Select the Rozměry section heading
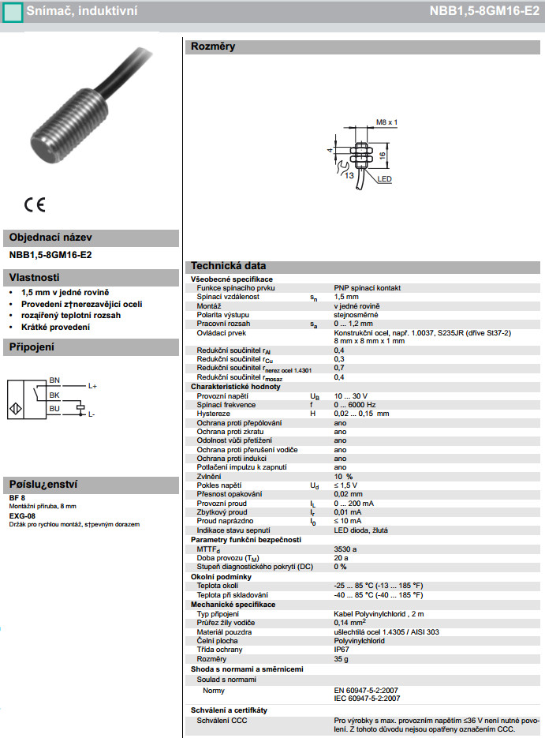point(213,47)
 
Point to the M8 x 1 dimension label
point(386,123)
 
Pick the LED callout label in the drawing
point(384,180)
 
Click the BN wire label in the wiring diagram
point(54,380)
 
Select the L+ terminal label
point(92,386)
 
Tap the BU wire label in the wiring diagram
point(54,408)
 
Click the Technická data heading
point(228,266)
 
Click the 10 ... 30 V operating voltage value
point(351,395)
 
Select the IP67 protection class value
point(342,649)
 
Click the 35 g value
point(341,658)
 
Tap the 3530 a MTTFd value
point(345,549)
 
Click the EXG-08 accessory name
point(22,515)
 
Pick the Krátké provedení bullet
point(56,327)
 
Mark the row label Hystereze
point(213,413)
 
